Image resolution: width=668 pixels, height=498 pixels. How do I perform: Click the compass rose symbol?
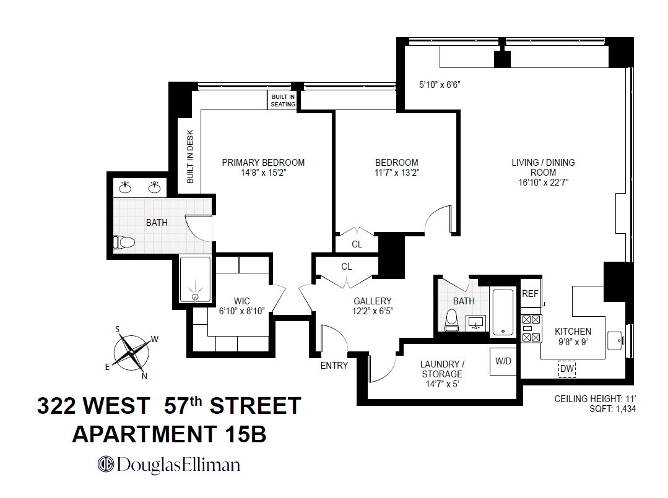(132, 351)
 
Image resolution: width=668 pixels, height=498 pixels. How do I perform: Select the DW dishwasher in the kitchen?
(566, 369)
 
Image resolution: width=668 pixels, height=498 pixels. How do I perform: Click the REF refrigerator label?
(530, 294)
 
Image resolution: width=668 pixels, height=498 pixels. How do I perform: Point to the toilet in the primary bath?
(124, 243)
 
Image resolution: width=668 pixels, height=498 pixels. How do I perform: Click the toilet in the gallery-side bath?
(452, 319)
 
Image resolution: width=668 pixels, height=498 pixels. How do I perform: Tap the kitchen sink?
(617, 339)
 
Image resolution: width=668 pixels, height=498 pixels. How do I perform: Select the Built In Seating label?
(283, 101)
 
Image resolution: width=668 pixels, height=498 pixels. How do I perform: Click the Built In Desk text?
(190, 157)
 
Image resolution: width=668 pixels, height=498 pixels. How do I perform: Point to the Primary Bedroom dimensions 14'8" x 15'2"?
(263, 173)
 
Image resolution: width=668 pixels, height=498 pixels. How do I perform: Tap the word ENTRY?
(334, 366)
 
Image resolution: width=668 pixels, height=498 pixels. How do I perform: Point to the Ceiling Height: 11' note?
(595, 399)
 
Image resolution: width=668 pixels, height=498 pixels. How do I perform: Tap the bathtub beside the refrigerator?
(502, 312)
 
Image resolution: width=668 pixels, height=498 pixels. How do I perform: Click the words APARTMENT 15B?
(169, 434)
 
